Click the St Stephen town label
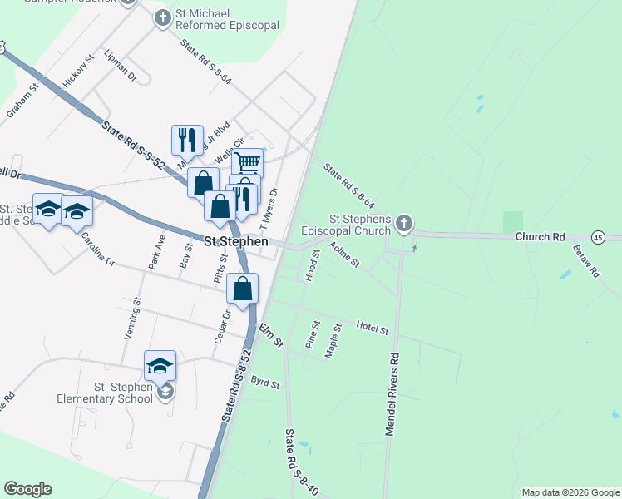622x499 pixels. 236,241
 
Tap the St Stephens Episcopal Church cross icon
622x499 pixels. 403,222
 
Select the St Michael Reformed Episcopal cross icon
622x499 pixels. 162,18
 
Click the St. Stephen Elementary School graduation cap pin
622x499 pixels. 160,366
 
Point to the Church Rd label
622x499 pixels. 540,237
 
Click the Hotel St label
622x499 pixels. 373,328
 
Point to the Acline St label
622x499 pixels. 344,254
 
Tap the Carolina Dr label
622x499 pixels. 97,249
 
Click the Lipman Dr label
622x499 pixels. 121,65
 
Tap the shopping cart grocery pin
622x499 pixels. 247,163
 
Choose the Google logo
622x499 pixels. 27,489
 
